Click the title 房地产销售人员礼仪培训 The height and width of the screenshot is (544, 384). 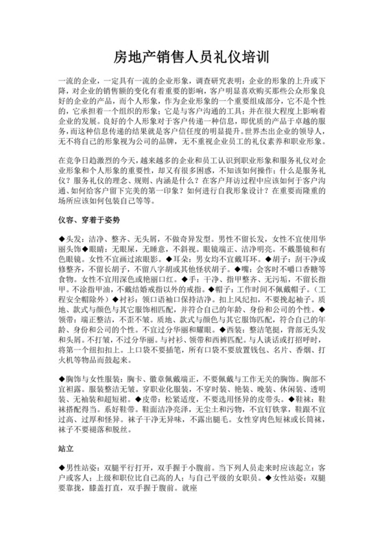192,56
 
